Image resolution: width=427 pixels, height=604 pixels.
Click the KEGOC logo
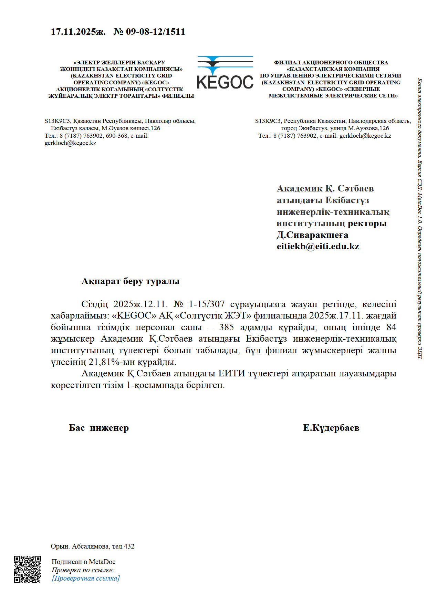[x=225, y=73]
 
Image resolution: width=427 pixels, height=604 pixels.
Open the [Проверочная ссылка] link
[x=86, y=578]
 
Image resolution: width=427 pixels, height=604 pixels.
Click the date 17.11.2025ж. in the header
[x=78, y=32]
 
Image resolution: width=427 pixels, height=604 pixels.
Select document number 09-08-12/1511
[x=155, y=32]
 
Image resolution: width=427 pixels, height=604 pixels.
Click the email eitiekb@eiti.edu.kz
[x=318, y=247]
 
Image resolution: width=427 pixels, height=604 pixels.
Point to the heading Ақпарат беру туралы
[x=131, y=281]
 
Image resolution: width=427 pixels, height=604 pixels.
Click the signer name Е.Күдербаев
[x=331, y=428]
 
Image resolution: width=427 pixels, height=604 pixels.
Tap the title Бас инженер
[x=99, y=428]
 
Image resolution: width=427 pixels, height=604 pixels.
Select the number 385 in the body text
[x=226, y=327]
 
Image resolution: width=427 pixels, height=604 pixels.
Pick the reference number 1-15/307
[x=207, y=304]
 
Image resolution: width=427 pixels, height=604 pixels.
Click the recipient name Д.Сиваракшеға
[x=312, y=235]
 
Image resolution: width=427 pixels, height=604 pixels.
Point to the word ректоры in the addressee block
[x=367, y=223]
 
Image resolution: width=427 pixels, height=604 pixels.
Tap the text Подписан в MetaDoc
[x=83, y=562]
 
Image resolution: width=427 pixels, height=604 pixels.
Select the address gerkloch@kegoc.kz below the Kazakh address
[x=70, y=143]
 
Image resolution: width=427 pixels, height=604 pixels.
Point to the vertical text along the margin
[x=419, y=219]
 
